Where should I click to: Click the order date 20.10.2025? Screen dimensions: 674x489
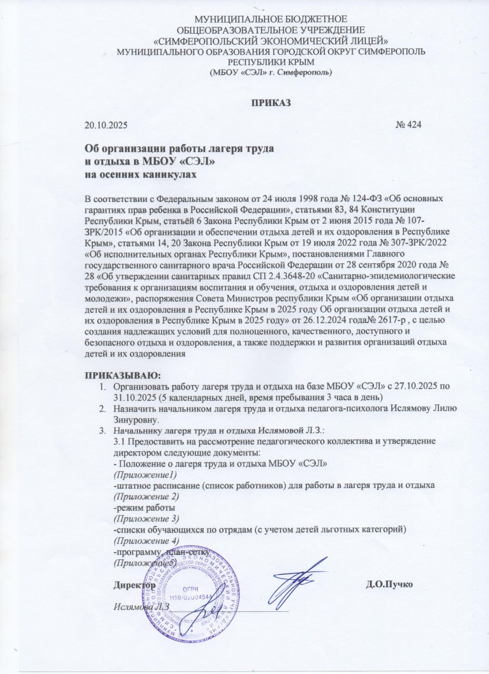[x=106, y=125]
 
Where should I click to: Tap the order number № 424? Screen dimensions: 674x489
[x=408, y=125]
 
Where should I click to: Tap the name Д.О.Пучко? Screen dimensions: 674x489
[x=389, y=585]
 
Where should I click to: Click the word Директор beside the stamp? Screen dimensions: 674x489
[x=134, y=585]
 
